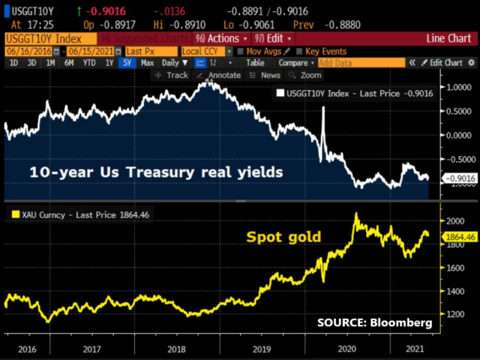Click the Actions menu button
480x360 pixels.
pyautogui.click(x=222, y=38)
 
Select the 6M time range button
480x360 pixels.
pyautogui.click(x=69, y=63)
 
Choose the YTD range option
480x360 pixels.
pyautogui.click(x=89, y=63)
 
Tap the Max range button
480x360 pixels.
pyautogui.click(x=147, y=63)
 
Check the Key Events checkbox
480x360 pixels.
pyautogui.click(x=323, y=51)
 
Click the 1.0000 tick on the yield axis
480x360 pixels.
pyautogui.click(x=448, y=87)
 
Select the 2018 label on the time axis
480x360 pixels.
pyautogui.click(x=176, y=349)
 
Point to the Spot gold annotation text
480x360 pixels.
pyautogui.click(x=284, y=237)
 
